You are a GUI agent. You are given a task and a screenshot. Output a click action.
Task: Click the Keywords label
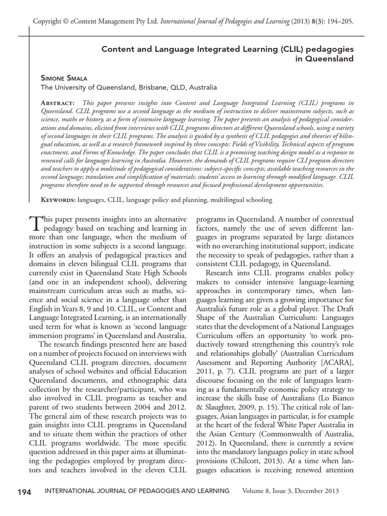tap(58, 200)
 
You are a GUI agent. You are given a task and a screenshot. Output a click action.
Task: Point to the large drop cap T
tap(35, 222)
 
